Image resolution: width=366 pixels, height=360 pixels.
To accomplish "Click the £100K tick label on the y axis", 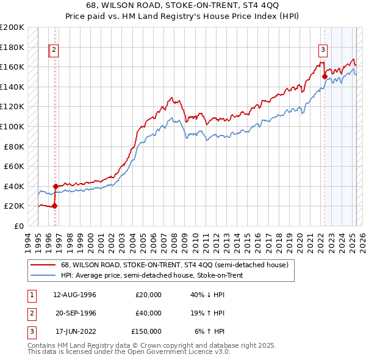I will pyautogui.click(x=12, y=126).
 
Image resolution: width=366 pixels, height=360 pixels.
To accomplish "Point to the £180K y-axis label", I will pyautogui.click(x=12, y=47).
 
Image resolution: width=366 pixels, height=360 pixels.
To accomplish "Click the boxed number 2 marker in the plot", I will pyautogui.click(x=54, y=51).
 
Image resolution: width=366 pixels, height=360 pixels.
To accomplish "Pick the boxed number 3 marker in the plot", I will pyautogui.click(x=323, y=51).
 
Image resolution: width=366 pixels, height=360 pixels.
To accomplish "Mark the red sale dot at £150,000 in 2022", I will pyautogui.click(x=325, y=77).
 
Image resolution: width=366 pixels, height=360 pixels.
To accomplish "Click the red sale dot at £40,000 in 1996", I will pyautogui.click(x=56, y=186).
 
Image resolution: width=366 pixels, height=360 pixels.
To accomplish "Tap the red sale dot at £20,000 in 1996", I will pyautogui.click(x=54, y=206).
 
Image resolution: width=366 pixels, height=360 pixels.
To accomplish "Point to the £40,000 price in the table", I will pyautogui.click(x=148, y=313).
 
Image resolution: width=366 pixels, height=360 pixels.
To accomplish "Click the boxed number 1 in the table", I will pyautogui.click(x=31, y=295).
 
